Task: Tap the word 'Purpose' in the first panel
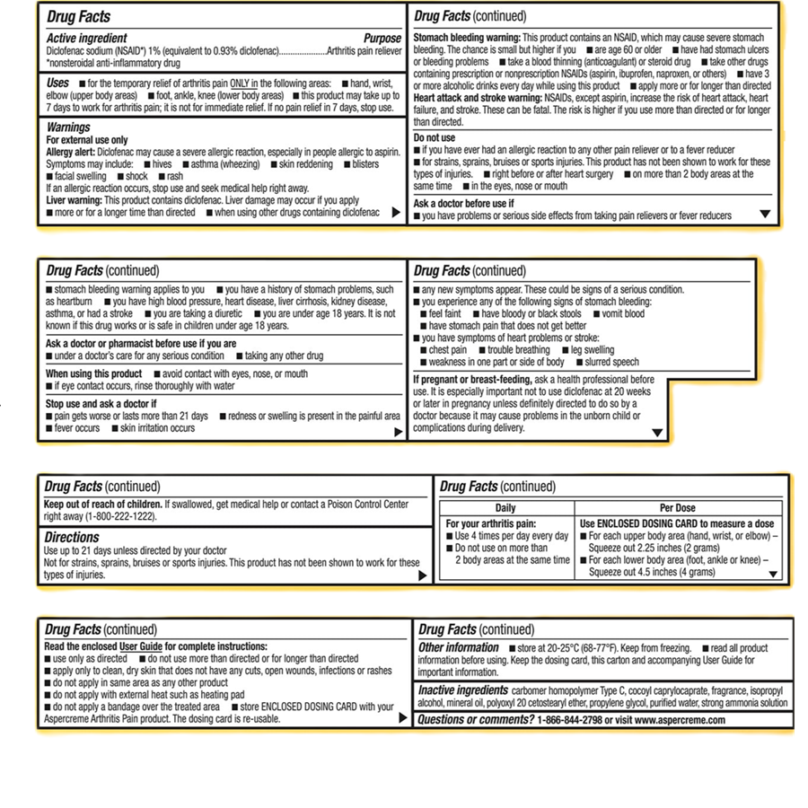(382, 39)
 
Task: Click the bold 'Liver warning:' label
(75, 200)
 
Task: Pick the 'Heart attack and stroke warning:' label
(477, 97)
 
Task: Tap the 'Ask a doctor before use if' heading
(462, 204)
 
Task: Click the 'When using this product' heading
(94, 373)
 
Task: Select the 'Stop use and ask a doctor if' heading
(101, 404)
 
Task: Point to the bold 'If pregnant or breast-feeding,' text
(472, 380)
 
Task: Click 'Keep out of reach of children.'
(103, 504)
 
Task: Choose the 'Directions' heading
(72, 537)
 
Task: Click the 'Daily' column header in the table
(505, 507)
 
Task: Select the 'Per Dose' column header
(678, 507)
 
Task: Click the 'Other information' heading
(459, 647)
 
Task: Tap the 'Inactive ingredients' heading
(462, 690)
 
